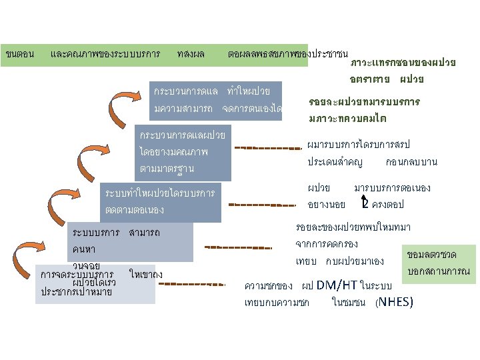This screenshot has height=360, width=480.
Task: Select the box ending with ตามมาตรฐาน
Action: coord(183,152)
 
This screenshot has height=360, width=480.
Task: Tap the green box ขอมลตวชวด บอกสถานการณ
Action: coord(439,263)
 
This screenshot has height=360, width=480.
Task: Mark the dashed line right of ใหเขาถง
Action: coord(193,285)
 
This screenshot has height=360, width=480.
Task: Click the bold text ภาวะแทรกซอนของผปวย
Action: coord(403,64)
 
